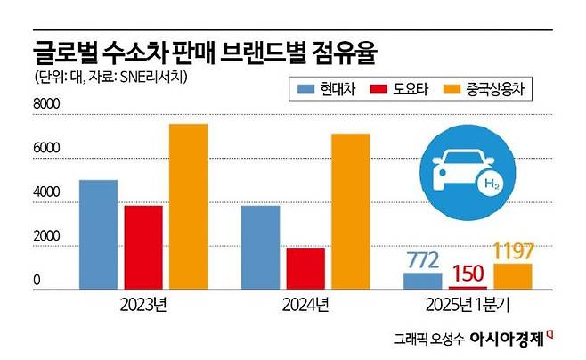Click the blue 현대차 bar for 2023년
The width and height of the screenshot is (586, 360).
[x=98, y=234]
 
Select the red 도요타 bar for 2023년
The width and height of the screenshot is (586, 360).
[x=142, y=247]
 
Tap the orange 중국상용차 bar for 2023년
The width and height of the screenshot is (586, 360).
[x=187, y=207]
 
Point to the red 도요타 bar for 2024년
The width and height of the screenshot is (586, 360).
[x=305, y=268]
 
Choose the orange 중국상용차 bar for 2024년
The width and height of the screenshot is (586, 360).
[x=350, y=211]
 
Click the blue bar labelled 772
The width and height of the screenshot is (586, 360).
[x=422, y=281]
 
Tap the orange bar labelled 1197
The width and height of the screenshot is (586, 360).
[x=514, y=276]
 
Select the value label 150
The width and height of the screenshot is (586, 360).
[x=468, y=273]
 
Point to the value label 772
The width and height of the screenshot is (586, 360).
[x=423, y=260]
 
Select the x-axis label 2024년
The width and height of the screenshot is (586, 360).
[x=305, y=307]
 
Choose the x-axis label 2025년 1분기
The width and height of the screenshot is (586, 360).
[x=468, y=307]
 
